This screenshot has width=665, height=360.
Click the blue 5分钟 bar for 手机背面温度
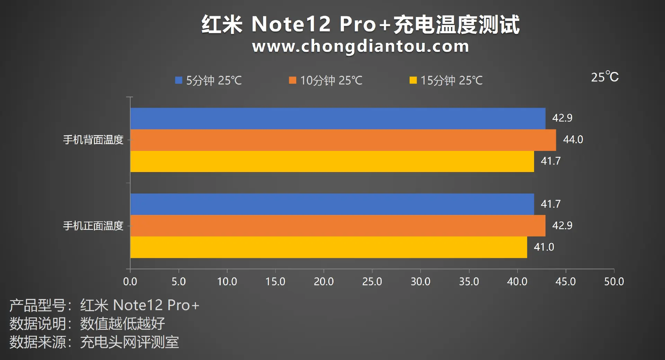tap(338, 118)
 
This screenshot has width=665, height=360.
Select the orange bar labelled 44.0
tap(343, 140)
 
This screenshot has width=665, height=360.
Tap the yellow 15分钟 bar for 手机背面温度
tap(332, 161)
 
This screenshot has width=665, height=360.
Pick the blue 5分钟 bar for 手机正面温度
tap(332, 204)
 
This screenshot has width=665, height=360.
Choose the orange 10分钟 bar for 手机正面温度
tap(338, 226)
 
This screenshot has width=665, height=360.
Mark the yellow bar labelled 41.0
tap(328, 247)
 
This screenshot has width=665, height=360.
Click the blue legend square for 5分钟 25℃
tap(179, 80)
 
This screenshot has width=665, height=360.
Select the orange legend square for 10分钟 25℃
tap(293, 80)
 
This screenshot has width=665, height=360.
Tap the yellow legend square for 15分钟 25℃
tap(413, 80)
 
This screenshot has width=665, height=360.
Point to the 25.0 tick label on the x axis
tap(372, 282)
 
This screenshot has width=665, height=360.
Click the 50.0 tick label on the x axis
tap(614, 282)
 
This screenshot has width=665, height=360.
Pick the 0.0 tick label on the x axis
tap(130, 282)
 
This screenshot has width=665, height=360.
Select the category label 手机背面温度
tap(93, 140)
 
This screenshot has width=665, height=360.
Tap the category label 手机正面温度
tap(93, 226)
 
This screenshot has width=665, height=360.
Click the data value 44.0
tap(573, 139)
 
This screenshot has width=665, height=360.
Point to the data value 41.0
tap(544, 247)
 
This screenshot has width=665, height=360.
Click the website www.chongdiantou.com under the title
tap(361, 46)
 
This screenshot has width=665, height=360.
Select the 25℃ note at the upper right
tap(605, 77)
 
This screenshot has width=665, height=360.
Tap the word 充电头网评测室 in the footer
tap(130, 342)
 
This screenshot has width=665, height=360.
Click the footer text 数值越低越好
tap(123, 324)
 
